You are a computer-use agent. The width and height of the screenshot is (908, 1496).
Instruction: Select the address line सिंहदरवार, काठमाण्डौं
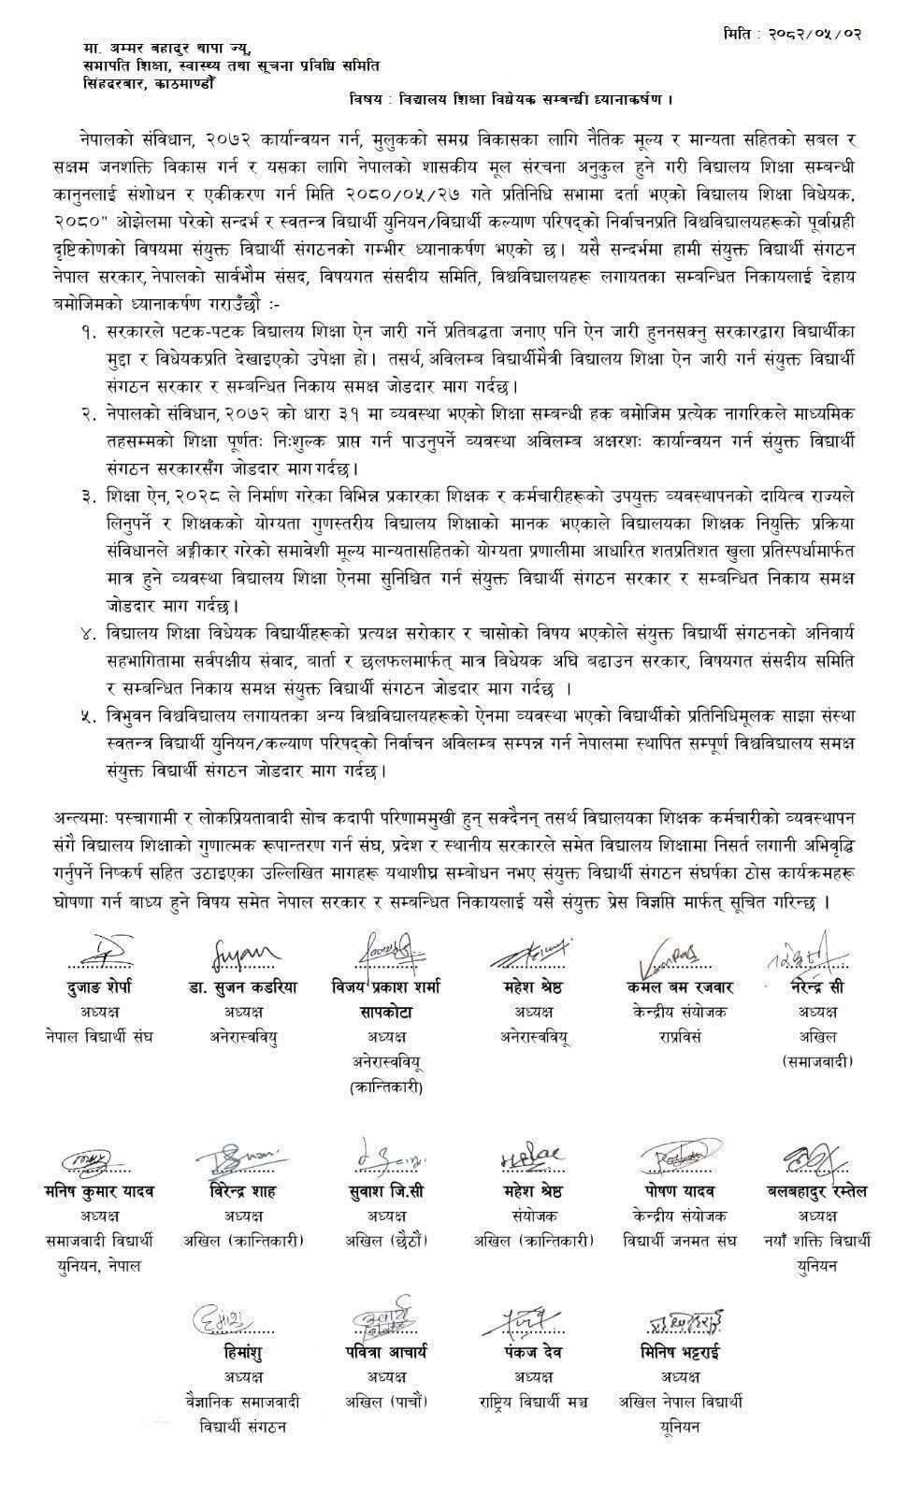(147, 82)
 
